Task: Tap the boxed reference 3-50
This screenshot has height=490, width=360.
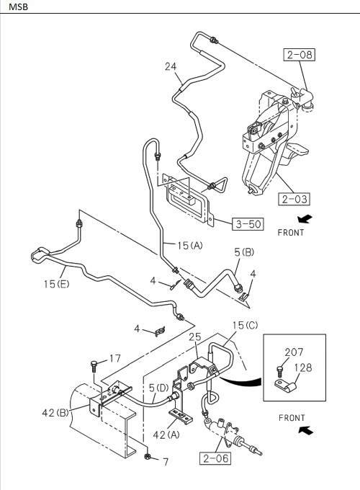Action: pyautogui.click(x=247, y=223)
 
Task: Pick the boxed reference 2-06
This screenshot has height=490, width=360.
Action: pyautogui.click(x=216, y=457)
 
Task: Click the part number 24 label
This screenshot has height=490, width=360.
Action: pyautogui.click(x=171, y=67)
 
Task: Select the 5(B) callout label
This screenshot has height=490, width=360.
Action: pyautogui.click(x=243, y=251)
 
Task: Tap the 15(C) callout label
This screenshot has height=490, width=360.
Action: pyautogui.click(x=243, y=325)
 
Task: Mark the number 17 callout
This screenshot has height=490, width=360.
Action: pyautogui.click(x=114, y=358)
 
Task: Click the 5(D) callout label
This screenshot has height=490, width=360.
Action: pyautogui.click(x=158, y=388)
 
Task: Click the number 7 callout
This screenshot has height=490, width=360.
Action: pyautogui.click(x=165, y=461)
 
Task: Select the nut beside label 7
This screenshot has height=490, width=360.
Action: pyautogui.click(x=147, y=458)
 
